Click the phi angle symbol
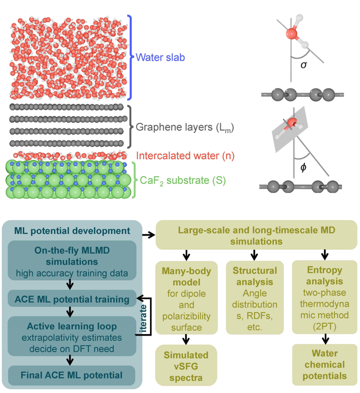click(304, 168)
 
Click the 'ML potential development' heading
click(65, 230)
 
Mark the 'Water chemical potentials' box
click(324, 365)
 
